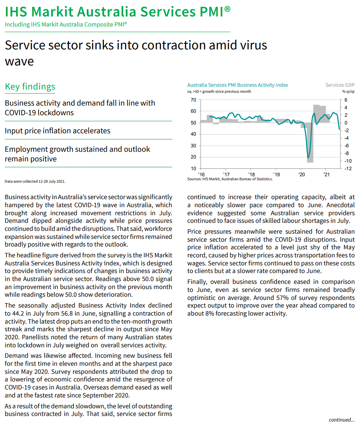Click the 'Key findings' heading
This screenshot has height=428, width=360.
[x=30, y=87]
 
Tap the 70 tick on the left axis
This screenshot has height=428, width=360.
[x=193, y=100]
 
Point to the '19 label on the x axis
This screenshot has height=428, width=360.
[x=277, y=175]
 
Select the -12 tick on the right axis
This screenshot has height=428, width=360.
[x=348, y=169]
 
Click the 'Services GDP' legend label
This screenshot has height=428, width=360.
[x=340, y=85]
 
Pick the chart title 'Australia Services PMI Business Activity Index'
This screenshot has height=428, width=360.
[x=238, y=85]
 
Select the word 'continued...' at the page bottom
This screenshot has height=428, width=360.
[x=342, y=420]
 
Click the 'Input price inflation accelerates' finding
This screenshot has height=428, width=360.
[x=57, y=131]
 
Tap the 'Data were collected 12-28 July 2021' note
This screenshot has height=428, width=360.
[x=35, y=181]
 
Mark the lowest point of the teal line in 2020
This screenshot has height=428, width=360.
[x=308, y=158]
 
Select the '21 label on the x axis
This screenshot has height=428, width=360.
[x=327, y=175]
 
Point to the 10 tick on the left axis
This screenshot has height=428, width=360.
[x=193, y=169]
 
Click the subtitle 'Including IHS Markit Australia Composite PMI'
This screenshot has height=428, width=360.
[x=66, y=24]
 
